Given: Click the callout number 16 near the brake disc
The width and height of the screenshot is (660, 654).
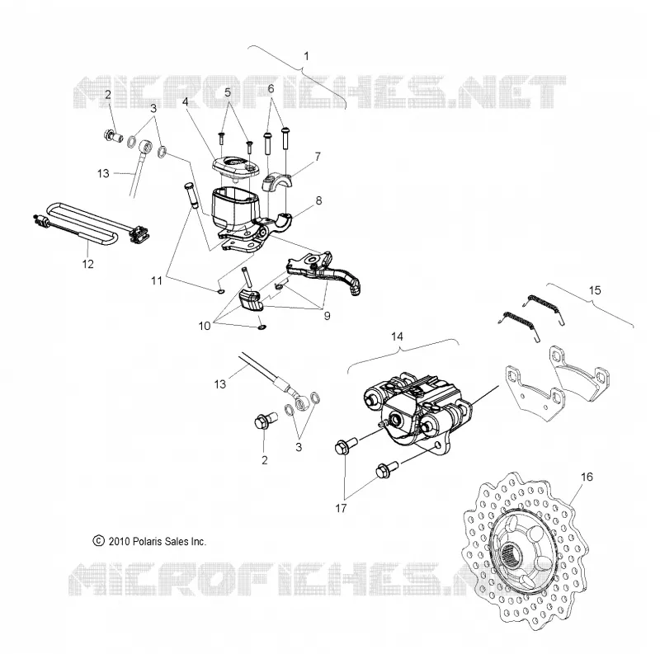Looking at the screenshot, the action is point(587,477).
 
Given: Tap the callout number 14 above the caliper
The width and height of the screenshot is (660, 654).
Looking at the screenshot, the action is point(397,336).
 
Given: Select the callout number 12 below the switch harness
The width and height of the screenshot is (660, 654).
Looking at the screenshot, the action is point(87,264).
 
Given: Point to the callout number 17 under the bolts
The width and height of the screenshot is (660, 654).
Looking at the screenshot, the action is point(341,508).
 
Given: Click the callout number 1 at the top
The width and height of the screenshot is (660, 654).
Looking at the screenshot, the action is point(306,56).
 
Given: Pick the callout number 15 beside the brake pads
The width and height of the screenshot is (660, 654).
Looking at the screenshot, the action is point(595,290).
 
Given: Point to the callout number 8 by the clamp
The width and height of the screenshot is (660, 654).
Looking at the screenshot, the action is point(318,200).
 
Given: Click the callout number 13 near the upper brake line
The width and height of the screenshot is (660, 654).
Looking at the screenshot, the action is point(103,173).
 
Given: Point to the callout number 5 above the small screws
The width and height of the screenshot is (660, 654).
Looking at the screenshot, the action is point(228,92).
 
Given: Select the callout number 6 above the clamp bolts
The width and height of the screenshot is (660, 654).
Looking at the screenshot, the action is point(271,88).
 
